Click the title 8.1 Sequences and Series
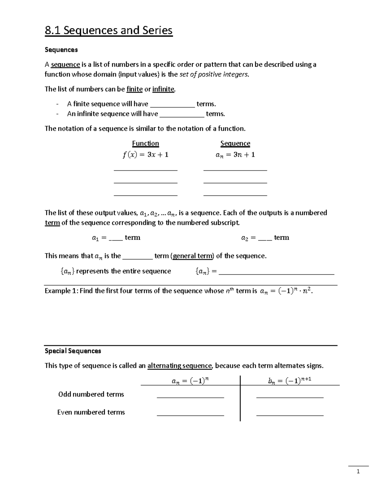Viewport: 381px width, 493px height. click(x=109, y=30)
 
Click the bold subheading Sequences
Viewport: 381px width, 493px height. click(x=61, y=50)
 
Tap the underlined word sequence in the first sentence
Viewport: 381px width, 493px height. click(x=65, y=65)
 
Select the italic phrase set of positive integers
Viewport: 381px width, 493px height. click(x=214, y=75)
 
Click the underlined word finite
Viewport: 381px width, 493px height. click(x=134, y=89)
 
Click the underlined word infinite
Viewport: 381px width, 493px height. click(x=163, y=89)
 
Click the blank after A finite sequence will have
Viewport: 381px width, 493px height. click(x=172, y=105)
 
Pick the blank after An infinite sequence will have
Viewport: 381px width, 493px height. click(x=182, y=115)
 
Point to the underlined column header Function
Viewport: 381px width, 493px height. click(x=145, y=143)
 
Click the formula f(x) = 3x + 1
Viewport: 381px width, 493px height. click(x=145, y=155)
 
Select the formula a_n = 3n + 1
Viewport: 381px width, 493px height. click(x=235, y=155)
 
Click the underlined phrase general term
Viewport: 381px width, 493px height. click(x=193, y=256)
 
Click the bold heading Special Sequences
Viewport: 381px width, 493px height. click(x=73, y=351)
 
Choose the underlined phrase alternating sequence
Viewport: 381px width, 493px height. click(x=179, y=366)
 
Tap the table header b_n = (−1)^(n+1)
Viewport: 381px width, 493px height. click(x=289, y=381)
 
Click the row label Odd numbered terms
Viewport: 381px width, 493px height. click(x=91, y=394)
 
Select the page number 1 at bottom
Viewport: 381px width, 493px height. click(x=358, y=472)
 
